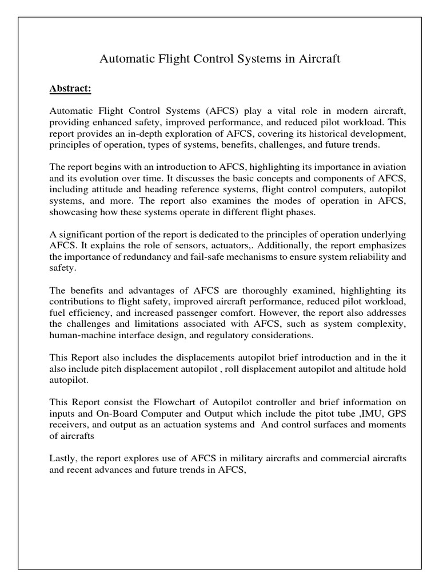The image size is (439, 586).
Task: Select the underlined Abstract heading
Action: (70, 89)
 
